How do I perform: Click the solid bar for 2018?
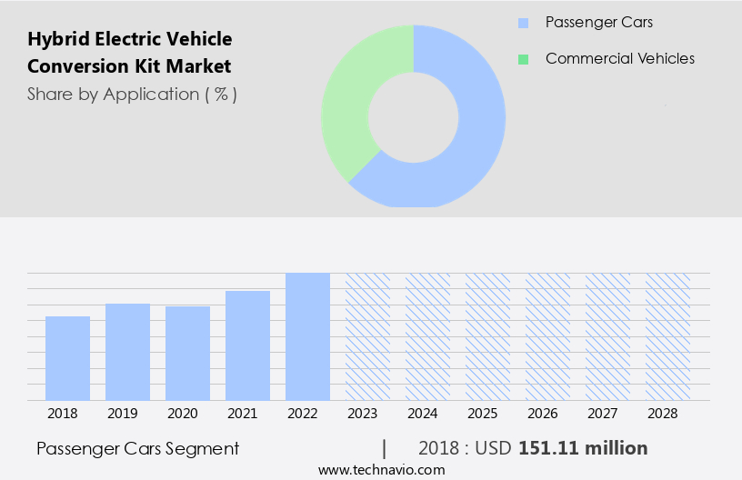(x=67, y=358)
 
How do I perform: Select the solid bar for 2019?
(x=127, y=352)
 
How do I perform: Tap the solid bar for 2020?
(x=187, y=354)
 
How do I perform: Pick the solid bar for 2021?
(x=247, y=345)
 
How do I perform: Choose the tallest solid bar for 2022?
(x=307, y=336)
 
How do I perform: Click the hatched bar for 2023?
(x=367, y=336)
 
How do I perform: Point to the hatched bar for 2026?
(x=547, y=336)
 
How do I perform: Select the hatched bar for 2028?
(x=667, y=336)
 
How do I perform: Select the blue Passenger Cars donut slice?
(x=473, y=136)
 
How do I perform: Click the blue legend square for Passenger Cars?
(x=523, y=23)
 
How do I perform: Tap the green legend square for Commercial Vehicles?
(x=523, y=59)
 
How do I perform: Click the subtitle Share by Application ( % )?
(x=132, y=94)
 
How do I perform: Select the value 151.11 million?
(x=583, y=448)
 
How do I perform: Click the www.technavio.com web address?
(x=381, y=470)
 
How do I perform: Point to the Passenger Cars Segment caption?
(x=138, y=448)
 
